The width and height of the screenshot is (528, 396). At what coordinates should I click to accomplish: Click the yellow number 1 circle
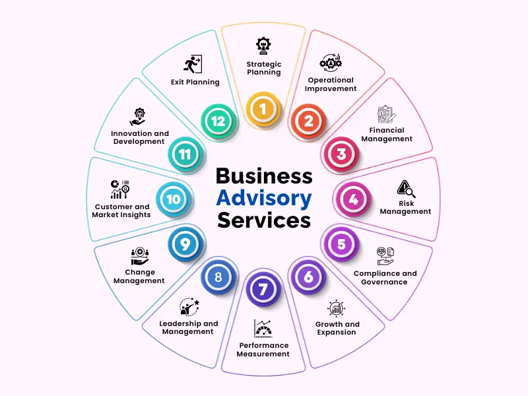(263, 109)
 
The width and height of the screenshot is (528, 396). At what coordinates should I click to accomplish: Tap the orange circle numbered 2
(308, 121)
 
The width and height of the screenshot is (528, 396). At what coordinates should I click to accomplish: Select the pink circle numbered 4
(353, 199)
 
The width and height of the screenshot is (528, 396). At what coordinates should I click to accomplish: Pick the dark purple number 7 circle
(263, 289)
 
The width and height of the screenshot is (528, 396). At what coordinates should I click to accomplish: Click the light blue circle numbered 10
(174, 199)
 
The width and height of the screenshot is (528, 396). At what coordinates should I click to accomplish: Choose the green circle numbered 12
(218, 121)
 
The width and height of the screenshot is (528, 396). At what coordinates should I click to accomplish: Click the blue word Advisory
(264, 199)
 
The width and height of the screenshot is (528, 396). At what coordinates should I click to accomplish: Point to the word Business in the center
(264, 176)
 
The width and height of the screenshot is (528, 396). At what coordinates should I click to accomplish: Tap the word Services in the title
(264, 220)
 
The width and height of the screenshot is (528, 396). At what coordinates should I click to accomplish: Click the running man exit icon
(193, 64)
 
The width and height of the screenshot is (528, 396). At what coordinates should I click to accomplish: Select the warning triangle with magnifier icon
(406, 189)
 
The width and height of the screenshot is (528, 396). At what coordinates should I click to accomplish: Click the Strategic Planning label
(264, 68)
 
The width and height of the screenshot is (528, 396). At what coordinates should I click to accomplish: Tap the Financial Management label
(387, 135)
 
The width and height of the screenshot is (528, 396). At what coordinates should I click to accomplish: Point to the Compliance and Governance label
(385, 278)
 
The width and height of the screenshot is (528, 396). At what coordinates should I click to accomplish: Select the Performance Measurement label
(263, 350)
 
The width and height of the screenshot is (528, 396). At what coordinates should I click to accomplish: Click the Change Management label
(139, 277)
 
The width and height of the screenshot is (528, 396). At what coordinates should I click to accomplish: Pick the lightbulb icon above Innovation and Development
(139, 117)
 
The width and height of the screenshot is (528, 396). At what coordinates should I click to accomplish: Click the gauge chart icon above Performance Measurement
(263, 328)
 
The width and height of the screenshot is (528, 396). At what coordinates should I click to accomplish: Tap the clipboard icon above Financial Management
(386, 114)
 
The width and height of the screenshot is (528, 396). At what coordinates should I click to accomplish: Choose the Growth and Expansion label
(337, 328)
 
